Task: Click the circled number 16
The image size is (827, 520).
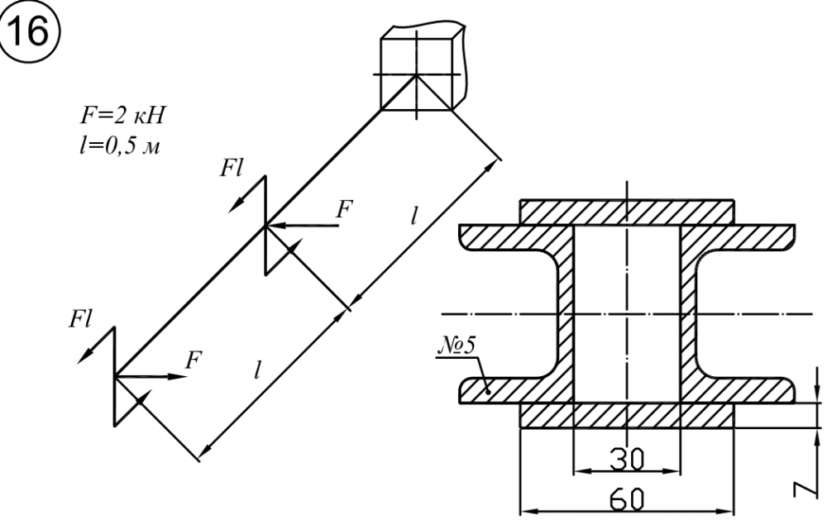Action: pyautogui.click(x=31, y=31)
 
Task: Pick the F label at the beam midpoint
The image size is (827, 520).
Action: pyautogui.click(x=343, y=209)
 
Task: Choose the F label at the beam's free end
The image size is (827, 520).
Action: pyautogui.click(x=194, y=359)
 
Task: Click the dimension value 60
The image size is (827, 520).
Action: pyautogui.click(x=626, y=499)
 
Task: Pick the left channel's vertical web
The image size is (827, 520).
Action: pyautogui.click(x=563, y=314)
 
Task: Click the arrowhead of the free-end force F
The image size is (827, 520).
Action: pyautogui.click(x=182, y=376)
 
